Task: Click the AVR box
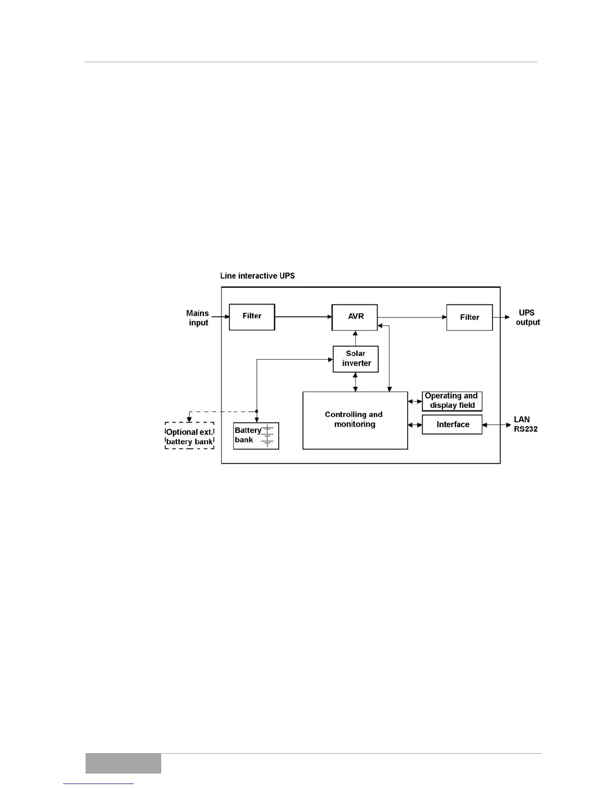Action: [x=355, y=317]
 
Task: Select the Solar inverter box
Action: [x=355, y=359]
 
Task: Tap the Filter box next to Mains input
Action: [x=252, y=317]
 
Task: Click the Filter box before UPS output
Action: [x=469, y=317]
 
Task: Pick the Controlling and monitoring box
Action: [x=355, y=420]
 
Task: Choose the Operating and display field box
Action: [x=452, y=401]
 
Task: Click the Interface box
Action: [x=452, y=425]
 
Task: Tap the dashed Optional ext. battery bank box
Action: [x=190, y=436]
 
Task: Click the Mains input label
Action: [x=198, y=318]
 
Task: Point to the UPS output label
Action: [x=527, y=317]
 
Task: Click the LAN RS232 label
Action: [x=525, y=424]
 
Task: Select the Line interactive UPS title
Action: [x=257, y=276]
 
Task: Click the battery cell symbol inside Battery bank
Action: [x=268, y=436]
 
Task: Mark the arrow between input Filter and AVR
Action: [x=303, y=316]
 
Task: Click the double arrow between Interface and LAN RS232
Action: [x=498, y=425]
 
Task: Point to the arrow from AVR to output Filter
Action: [x=412, y=317]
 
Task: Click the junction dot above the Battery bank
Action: [x=256, y=411]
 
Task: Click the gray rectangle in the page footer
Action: [x=123, y=764]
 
